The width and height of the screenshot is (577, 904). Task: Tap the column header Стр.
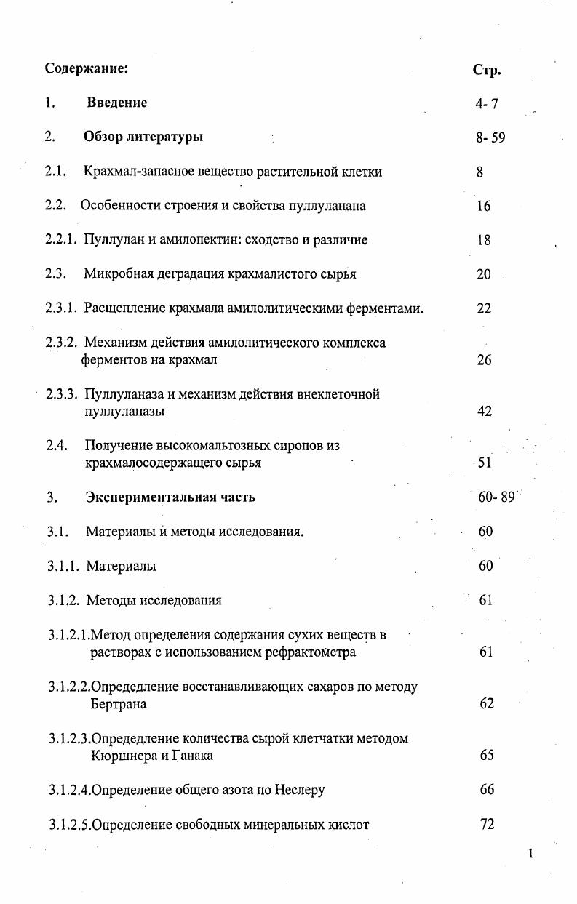(x=487, y=71)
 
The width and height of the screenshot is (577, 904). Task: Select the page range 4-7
(x=487, y=104)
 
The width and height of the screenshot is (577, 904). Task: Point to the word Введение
(x=116, y=103)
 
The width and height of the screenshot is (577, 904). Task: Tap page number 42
(x=485, y=412)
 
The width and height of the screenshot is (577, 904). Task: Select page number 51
(x=485, y=463)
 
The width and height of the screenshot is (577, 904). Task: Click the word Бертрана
(x=119, y=704)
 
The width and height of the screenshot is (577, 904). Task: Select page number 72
(x=487, y=824)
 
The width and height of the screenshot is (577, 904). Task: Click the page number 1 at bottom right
(x=531, y=854)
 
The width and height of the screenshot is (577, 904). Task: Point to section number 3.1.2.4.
(x=70, y=790)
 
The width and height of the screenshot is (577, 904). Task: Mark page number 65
(x=487, y=756)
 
